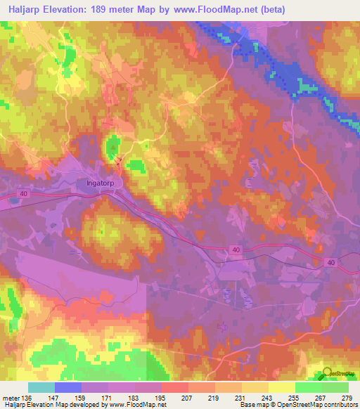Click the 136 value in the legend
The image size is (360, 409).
click(27, 396)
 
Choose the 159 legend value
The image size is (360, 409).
click(81, 396)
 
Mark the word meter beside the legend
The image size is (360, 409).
click(10, 396)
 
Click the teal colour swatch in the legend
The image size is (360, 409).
click(41, 387)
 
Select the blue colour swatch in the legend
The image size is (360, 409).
click(67, 387)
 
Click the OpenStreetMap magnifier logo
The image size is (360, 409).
click(328, 374)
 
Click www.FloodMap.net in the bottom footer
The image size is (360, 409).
click(136, 405)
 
